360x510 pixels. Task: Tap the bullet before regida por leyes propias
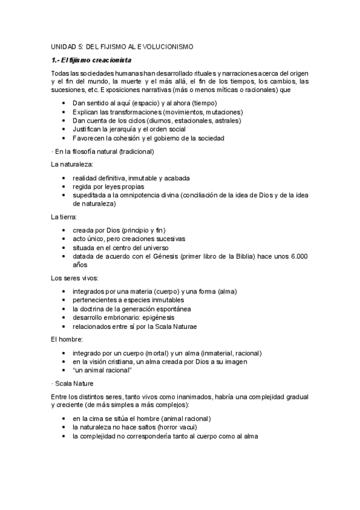[x=64, y=187]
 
